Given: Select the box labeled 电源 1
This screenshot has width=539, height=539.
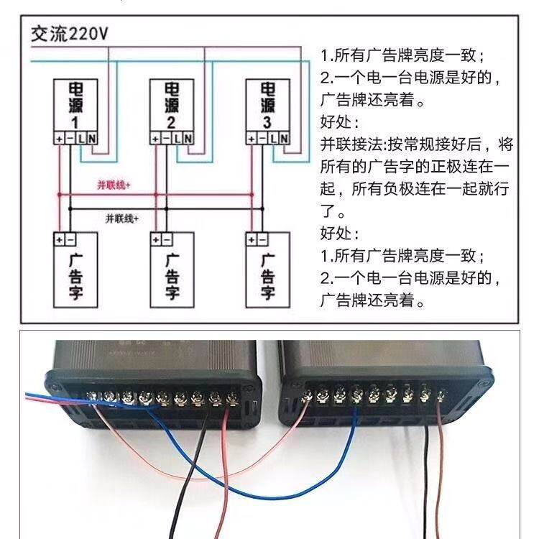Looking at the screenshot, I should click(75, 105).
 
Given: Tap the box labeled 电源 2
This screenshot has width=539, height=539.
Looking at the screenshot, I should click(170, 105).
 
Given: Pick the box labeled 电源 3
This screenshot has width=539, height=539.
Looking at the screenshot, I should click(267, 105).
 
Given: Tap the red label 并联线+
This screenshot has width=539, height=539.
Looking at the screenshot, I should click(114, 185).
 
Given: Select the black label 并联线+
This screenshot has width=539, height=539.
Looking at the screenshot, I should click(121, 218).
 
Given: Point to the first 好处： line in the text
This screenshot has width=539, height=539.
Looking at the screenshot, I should click(338, 122).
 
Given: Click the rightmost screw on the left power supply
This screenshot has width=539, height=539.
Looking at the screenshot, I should click(231, 397).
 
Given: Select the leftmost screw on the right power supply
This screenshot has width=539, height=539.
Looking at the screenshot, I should click(307, 394).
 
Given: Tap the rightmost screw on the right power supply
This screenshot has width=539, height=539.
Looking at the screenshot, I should click(442, 395).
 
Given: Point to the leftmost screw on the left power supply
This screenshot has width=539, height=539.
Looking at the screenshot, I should click(93, 396).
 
